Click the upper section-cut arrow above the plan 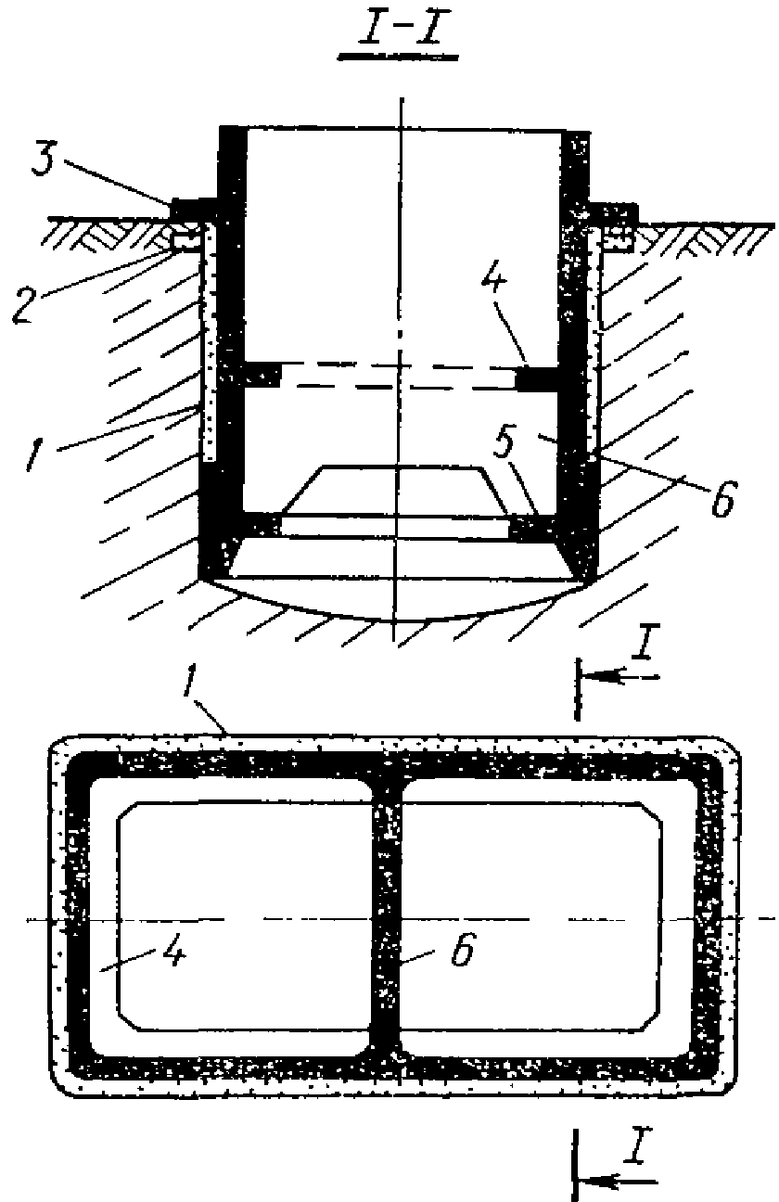621,679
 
